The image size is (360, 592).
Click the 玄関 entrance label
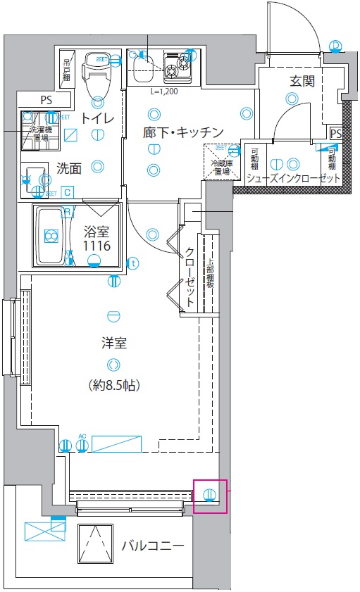coord(302,81)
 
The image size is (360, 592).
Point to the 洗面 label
coord(69,168)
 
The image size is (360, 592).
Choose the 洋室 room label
coord(113,344)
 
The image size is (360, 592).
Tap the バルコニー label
coord(153,546)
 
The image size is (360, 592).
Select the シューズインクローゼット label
coord(293,179)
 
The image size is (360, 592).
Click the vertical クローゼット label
coord(190,277)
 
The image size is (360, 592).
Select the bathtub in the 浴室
coord(53,237)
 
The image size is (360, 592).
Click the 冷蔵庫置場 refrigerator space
coord(223,161)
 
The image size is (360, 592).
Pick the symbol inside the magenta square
coord(210,494)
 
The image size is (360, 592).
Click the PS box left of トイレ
coord(46,100)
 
